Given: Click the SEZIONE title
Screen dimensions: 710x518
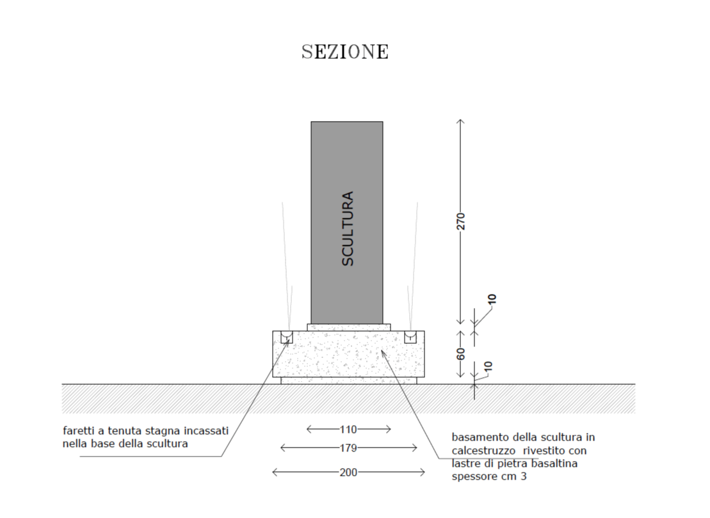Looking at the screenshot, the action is click(x=345, y=52).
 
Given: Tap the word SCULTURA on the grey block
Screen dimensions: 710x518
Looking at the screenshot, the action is click(x=347, y=229).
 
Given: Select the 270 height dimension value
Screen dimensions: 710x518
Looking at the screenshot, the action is click(x=460, y=222).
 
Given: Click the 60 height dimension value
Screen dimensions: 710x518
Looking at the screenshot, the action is click(x=460, y=353).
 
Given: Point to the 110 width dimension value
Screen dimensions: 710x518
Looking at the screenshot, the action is click(x=348, y=429).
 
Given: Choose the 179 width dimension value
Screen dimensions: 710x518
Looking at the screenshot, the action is click(x=348, y=448).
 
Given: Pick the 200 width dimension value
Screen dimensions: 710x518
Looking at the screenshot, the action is click(x=348, y=473).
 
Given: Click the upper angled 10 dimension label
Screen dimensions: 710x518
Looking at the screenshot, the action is click(x=492, y=299).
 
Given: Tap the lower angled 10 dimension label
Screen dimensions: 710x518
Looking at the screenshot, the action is click(x=488, y=366).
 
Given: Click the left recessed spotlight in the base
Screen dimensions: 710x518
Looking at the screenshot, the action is click(x=287, y=337).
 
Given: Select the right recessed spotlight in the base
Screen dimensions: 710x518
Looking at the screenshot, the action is click(x=410, y=337).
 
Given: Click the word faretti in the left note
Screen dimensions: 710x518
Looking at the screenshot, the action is click(x=78, y=431).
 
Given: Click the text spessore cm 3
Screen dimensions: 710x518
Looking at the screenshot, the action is click(x=489, y=477).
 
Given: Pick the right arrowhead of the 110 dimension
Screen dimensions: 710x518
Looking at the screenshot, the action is click(x=389, y=429).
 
